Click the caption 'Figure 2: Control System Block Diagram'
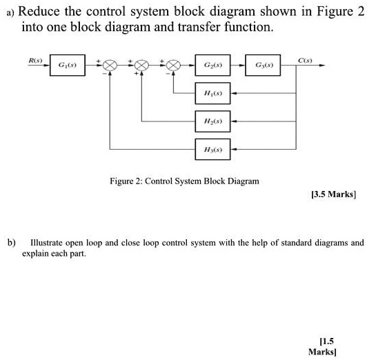185,181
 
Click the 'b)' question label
11,243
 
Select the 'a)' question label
10,12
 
